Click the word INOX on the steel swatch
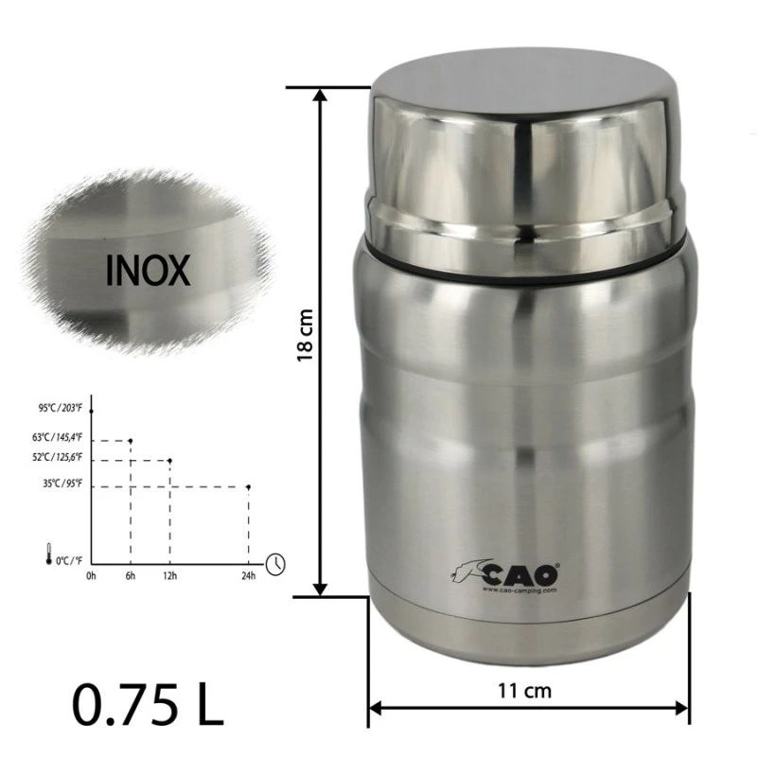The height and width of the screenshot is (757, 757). pos(149,270)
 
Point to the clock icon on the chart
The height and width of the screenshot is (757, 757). pos(275,563)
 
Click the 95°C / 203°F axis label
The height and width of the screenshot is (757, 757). pos(61,408)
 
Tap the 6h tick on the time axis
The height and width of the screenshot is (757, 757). pos(131,576)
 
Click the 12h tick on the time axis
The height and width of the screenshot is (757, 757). pos(170,576)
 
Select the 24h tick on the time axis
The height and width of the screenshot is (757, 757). pos(248,576)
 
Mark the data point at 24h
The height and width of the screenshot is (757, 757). pos(248,487)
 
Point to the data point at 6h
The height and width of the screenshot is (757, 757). pos(131,440)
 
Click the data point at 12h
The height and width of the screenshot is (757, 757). pos(170,461)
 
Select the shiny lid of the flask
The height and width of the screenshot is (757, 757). pos(525,161)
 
